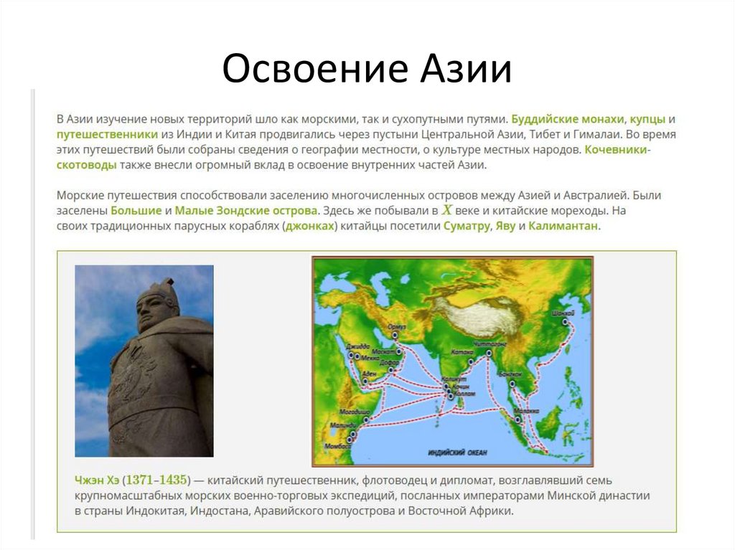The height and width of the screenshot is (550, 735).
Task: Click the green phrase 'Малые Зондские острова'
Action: point(246,211)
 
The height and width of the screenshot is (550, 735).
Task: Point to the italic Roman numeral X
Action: point(447,210)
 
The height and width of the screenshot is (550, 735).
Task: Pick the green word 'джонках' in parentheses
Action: point(309,227)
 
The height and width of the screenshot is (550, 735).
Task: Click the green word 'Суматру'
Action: point(467,227)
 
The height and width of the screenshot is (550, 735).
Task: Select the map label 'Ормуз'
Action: point(396,326)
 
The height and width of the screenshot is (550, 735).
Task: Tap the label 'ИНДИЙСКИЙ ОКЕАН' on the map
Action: point(457,452)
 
